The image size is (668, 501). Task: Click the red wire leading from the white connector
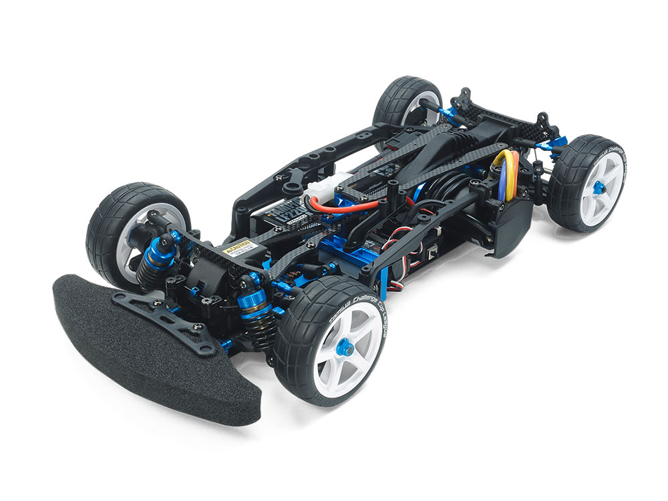pos(347,206)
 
